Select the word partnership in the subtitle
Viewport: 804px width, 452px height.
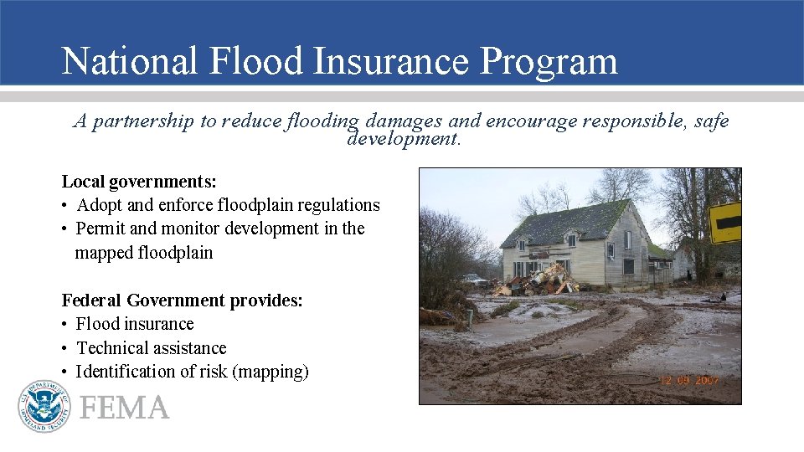(x=143, y=121)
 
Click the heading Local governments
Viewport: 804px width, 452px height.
(x=139, y=181)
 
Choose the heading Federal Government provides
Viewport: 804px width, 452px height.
(x=182, y=300)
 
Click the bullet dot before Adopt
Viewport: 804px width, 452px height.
(x=64, y=206)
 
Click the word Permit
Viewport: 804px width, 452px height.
(x=102, y=229)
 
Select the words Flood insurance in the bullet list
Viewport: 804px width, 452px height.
(x=134, y=324)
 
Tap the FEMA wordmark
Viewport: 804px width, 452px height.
(x=124, y=408)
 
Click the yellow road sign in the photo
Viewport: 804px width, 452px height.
(x=725, y=222)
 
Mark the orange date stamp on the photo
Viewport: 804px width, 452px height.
(x=688, y=381)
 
